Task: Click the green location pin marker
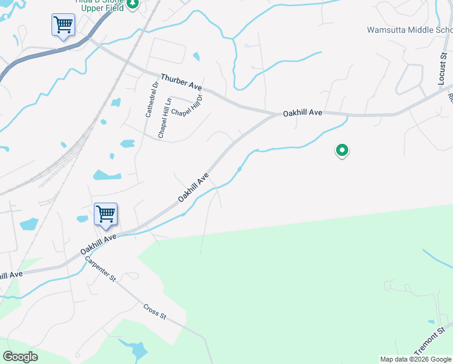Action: pos(342,150)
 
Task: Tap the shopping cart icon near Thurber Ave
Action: pos(62,25)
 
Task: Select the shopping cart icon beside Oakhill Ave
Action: pos(105,214)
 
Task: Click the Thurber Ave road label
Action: pos(181,82)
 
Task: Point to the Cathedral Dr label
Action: pos(151,99)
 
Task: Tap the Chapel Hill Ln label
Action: pos(165,118)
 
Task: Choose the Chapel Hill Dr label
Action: pos(188,105)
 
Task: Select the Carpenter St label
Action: pos(100,268)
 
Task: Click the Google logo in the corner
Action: pos(20,357)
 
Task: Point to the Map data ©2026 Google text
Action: pos(415,359)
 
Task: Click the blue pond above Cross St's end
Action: pos(139,349)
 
